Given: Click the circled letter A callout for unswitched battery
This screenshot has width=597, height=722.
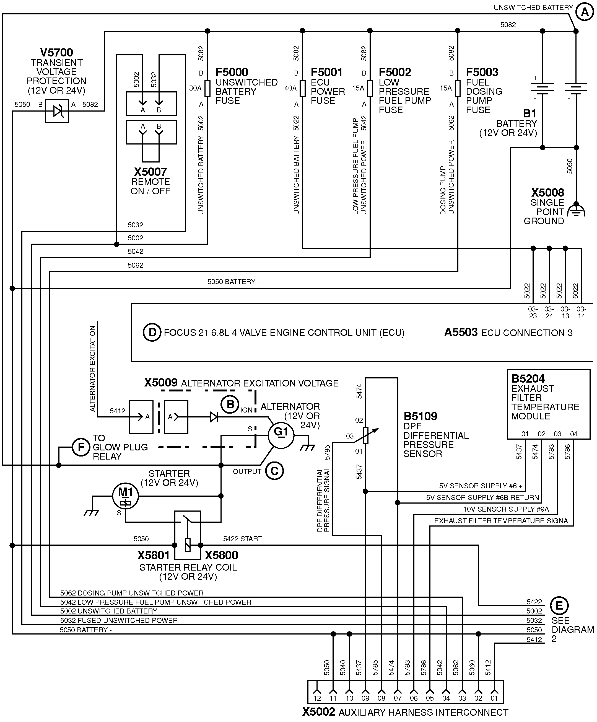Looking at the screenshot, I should pyautogui.click(x=584, y=12).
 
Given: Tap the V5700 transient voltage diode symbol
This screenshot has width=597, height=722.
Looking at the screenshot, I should pyautogui.click(x=57, y=111).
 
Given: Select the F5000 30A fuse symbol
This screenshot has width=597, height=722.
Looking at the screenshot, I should pyautogui.click(x=207, y=89).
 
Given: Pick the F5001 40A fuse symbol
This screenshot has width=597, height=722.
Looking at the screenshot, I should pyautogui.click(x=302, y=89).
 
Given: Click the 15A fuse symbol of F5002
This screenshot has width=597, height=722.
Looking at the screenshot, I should pyautogui.click(x=370, y=89).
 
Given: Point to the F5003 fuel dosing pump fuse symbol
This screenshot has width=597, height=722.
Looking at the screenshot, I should pyautogui.click(x=458, y=89).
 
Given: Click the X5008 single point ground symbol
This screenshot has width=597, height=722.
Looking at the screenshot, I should pyautogui.click(x=576, y=210).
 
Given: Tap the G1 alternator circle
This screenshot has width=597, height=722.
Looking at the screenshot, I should pyautogui.click(x=281, y=435).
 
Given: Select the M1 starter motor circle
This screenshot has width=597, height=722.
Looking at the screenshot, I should pyautogui.click(x=125, y=496).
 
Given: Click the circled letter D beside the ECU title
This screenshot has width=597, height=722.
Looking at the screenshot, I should pyautogui.click(x=152, y=332).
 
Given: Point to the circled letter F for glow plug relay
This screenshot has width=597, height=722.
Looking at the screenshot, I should pyautogui.click(x=81, y=447).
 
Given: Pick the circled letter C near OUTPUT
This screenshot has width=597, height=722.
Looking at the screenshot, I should pyautogui.click(x=274, y=471).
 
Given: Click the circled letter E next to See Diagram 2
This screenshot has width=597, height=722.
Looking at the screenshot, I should pyautogui.click(x=559, y=605).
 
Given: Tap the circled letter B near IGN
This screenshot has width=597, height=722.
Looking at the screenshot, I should pyautogui.click(x=230, y=405).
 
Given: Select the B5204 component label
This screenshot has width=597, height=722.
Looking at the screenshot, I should pyautogui.click(x=528, y=378).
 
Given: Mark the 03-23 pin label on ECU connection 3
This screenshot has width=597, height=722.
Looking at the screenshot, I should pyautogui.click(x=533, y=313).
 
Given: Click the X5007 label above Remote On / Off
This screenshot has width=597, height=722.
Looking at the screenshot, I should pyautogui.click(x=150, y=172).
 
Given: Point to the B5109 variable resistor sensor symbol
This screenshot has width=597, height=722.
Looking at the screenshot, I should pyautogui.click(x=365, y=435).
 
